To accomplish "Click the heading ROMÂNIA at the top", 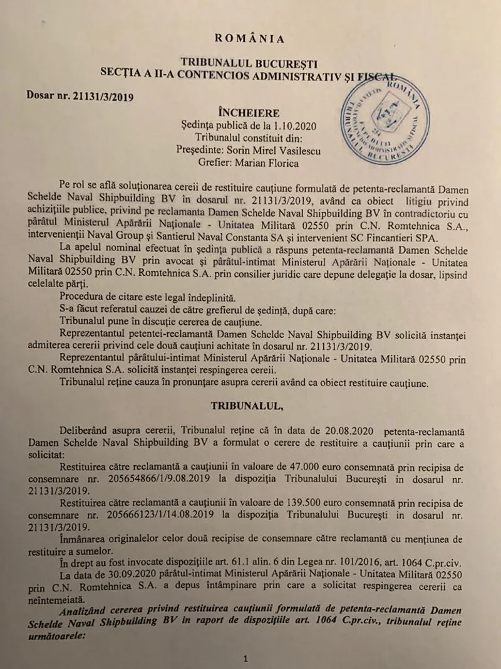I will (250, 38).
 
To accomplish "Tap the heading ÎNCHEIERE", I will (249, 113).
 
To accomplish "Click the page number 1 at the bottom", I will (246, 658).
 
